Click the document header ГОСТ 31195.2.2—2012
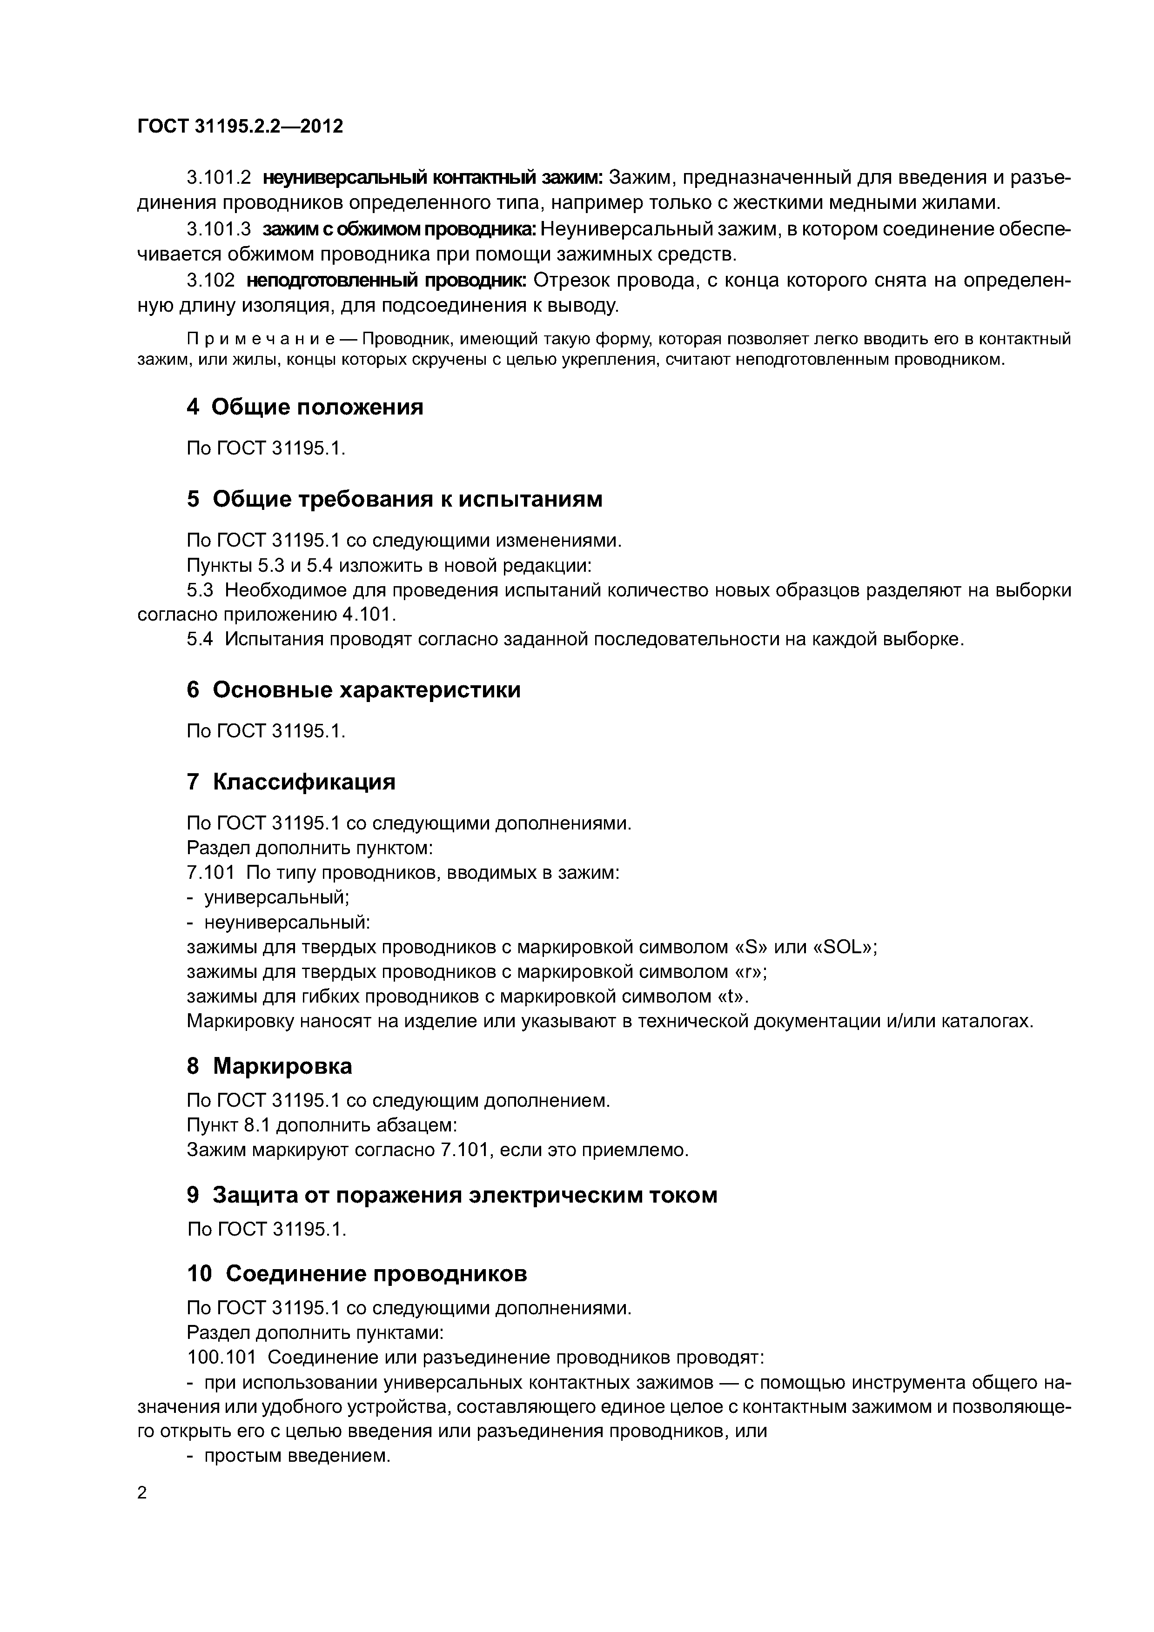[x=240, y=127]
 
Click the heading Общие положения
[x=317, y=407]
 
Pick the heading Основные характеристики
[x=366, y=689]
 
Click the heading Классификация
[x=304, y=782]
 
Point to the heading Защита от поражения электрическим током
[x=465, y=1196]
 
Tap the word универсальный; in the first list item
[x=276, y=898]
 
